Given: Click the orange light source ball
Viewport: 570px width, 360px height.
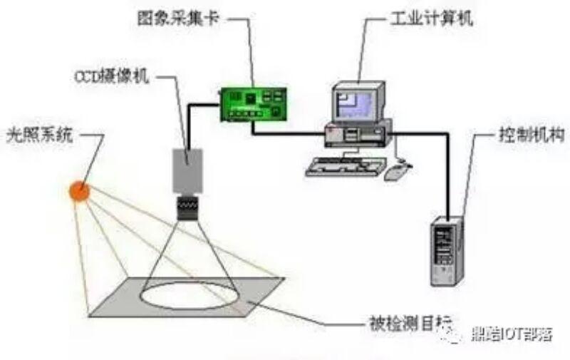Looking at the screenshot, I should point(79,191).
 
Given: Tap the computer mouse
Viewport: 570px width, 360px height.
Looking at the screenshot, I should point(395,171).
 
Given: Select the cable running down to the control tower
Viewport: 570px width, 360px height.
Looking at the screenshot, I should point(450,171).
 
